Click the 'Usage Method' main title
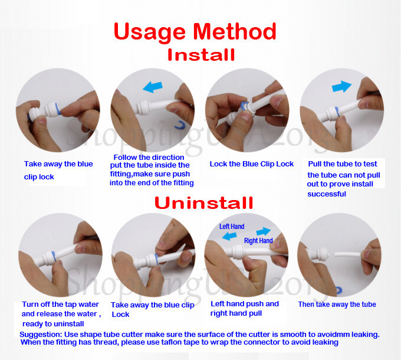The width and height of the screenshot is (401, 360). [x=195, y=31]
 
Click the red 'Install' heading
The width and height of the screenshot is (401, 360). [x=200, y=55]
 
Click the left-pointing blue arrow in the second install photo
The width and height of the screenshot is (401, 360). [x=153, y=87]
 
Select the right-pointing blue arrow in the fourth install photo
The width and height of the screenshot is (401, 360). [x=341, y=87]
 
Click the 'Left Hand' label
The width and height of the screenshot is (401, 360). [x=232, y=227]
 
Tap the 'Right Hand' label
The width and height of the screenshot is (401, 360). [x=258, y=241]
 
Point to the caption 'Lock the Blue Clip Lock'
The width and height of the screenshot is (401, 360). [x=251, y=164]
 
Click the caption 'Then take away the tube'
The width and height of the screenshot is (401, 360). [x=337, y=305]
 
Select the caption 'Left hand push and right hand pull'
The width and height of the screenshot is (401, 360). [x=245, y=309]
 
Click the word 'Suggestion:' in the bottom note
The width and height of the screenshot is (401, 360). [x=43, y=334]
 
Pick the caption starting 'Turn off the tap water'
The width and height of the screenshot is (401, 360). [x=61, y=313]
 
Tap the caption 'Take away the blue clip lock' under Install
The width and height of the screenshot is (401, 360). [x=58, y=170]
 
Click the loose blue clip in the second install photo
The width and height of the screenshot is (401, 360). [x=179, y=125]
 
